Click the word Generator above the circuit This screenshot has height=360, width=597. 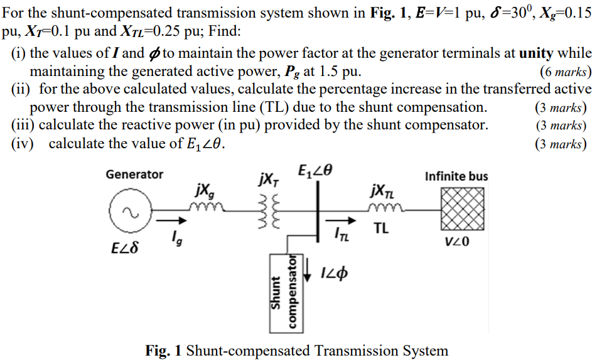click(134, 174)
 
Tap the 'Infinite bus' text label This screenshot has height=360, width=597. click(456, 176)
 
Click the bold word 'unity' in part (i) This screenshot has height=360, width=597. click(532, 53)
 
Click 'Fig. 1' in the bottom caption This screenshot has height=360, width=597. click(163, 350)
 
